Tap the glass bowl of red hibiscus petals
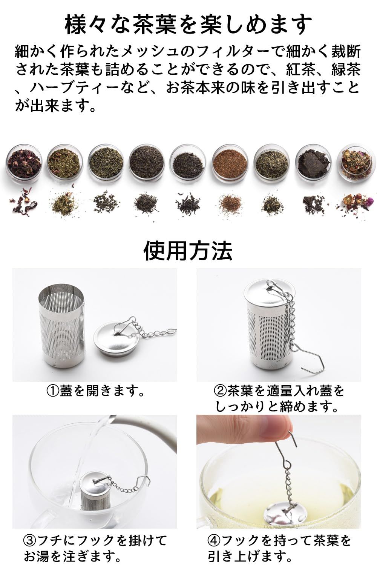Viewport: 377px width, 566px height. point(21,162)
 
